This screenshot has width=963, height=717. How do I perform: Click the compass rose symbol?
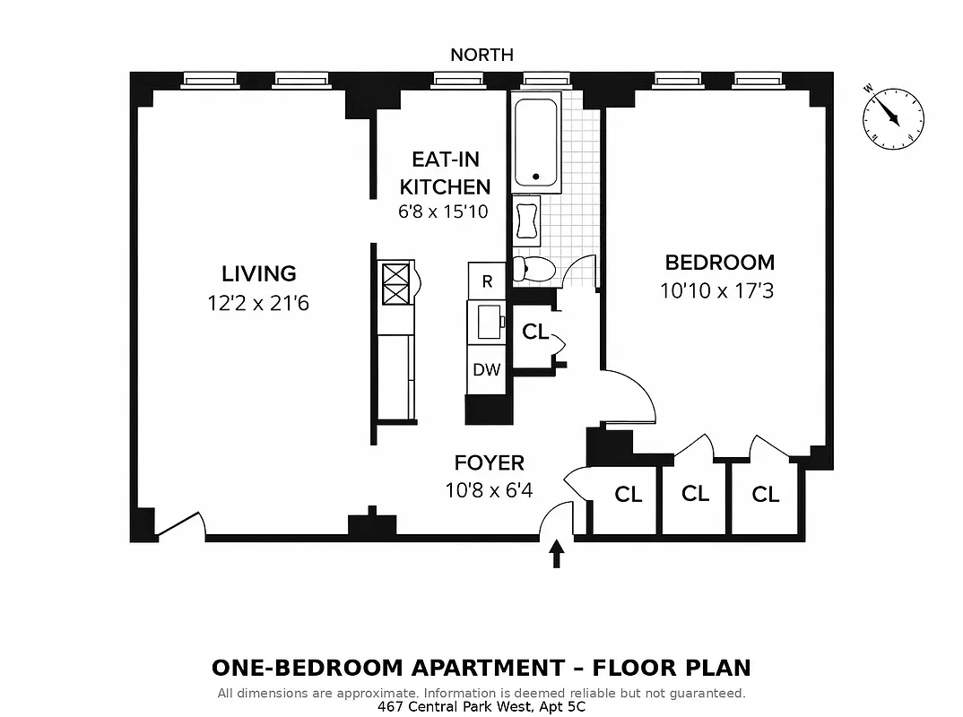(893, 117)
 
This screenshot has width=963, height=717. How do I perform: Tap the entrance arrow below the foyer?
(557, 553)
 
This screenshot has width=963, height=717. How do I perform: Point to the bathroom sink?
(526, 220)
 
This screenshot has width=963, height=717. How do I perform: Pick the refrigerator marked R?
(488, 281)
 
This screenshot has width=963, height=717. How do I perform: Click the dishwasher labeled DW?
(487, 369)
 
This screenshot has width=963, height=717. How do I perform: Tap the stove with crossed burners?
(396, 283)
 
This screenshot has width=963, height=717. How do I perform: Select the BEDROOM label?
(719, 263)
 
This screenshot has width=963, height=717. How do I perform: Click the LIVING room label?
(258, 273)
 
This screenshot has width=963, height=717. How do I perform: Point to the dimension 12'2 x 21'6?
(258, 303)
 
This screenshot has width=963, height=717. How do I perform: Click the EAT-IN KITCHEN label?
(445, 173)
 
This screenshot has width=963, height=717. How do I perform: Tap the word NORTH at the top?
(481, 56)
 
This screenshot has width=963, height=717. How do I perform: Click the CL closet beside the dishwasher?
(534, 333)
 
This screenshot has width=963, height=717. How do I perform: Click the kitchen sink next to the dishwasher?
(489, 322)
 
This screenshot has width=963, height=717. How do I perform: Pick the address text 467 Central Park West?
(481, 706)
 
